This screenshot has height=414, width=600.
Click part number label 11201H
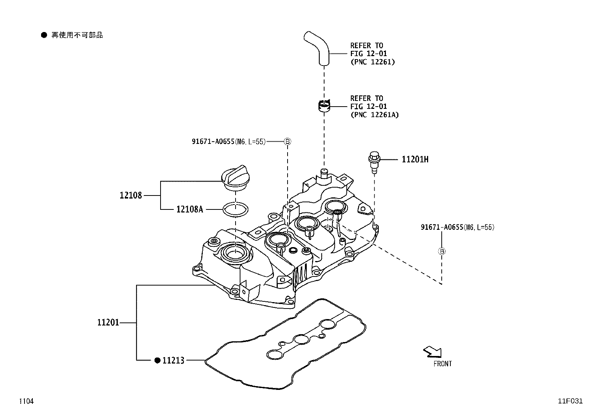tap(415, 159)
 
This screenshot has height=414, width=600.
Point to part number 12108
tap(131, 195)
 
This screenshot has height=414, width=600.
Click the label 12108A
tap(190, 209)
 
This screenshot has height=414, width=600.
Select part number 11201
tap(108, 322)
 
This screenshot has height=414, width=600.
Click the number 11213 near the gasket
tap(173, 361)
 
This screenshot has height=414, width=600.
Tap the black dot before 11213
tap(158, 361)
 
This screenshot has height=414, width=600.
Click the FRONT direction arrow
tap(432, 352)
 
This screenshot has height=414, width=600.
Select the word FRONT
tap(442, 364)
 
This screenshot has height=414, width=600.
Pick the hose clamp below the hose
tap(323, 106)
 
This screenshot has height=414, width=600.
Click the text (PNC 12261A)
tap(374, 115)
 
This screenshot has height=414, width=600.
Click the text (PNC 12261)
tap(372, 62)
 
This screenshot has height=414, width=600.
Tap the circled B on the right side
tap(442, 251)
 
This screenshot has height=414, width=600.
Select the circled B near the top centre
tap(288, 142)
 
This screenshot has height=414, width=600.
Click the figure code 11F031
tap(570, 401)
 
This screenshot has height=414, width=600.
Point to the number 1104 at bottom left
tap(26, 401)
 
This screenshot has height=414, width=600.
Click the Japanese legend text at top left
tap(77, 35)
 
